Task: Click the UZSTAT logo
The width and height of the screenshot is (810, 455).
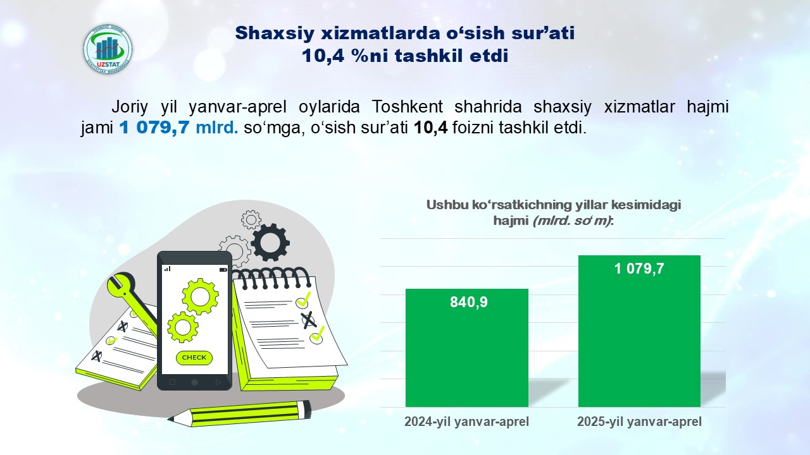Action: coord(108,49)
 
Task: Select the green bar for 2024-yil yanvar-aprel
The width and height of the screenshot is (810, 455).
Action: coord(467,348)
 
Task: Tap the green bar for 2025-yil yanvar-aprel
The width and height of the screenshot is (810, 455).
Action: coord(639,331)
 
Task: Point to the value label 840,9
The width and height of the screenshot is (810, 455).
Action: coord(469,302)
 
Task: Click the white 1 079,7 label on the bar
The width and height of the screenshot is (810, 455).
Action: coord(639,269)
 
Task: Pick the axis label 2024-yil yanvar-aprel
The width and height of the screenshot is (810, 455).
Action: coord(466,422)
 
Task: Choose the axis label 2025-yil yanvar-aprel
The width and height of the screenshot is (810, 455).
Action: coord(639,422)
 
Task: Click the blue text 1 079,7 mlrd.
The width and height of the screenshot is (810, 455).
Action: coord(178,128)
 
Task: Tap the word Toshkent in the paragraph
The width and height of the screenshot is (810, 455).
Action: coord(407,107)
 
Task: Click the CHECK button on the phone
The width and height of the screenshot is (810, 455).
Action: coord(194,358)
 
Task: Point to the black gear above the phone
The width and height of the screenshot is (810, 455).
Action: coord(270,243)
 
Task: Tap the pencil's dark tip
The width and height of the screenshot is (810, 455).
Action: coord(171,419)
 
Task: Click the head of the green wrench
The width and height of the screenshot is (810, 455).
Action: coord(120,284)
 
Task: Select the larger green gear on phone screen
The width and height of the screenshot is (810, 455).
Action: coord(200,297)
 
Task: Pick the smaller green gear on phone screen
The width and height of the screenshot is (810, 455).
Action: coord(183,327)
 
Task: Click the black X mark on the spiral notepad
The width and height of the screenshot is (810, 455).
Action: coord(308,320)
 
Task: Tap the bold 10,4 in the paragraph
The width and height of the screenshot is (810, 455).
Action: coord(430,128)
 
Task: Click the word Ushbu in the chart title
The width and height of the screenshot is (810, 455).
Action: coord(447,205)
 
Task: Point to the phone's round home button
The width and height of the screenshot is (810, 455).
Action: coord(194,382)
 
